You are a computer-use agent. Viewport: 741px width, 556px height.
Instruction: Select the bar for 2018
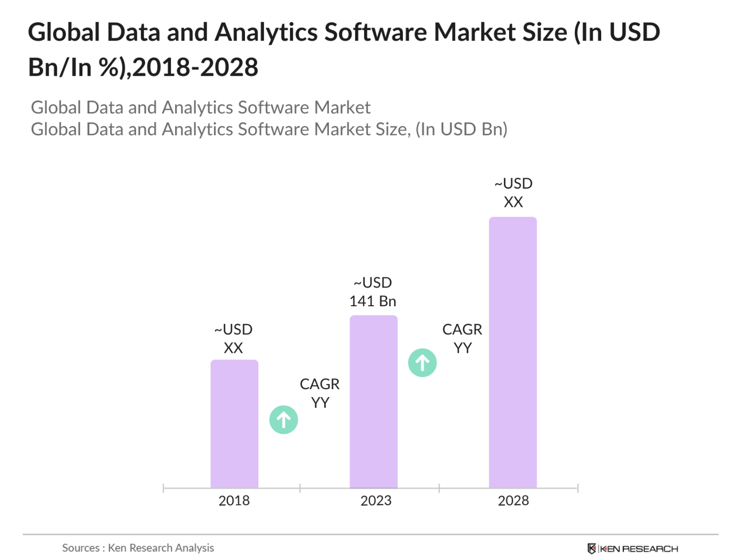tap(234, 424)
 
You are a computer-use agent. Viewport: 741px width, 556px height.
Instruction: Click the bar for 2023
tap(373, 402)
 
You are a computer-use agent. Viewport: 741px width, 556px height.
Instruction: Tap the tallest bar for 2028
tap(513, 352)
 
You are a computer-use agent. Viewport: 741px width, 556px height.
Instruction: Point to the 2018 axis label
tap(234, 501)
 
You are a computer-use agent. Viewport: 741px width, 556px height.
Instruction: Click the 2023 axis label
tap(376, 501)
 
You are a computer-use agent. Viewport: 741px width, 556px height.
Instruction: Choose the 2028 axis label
tap(513, 501)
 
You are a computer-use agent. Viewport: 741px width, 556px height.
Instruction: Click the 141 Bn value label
tap(372, 301)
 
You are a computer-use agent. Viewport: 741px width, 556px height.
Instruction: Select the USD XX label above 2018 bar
tap(234, 338)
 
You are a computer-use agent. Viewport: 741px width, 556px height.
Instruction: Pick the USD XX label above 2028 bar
tap(513, 193)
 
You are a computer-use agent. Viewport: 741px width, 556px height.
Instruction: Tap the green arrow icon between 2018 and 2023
tap(284, 419)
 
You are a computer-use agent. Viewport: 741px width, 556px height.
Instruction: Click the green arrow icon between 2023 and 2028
tap(423, 362)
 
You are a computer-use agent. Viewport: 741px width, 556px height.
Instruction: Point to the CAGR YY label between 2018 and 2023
tap(319, 393)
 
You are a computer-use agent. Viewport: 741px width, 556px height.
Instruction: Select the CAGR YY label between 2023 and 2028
tap(462, 338)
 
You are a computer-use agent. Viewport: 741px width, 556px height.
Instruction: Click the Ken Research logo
tap(633, 548)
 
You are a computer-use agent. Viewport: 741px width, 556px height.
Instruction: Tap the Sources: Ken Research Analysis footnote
tap(138, 548)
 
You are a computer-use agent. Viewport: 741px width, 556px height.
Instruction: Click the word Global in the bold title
tap(64, 32)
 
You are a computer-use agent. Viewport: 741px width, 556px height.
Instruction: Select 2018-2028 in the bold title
tap(195, 67)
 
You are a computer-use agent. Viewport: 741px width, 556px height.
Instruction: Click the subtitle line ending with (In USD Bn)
tap(269, 129)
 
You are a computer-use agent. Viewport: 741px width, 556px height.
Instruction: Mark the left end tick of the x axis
tap(163, 488)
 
